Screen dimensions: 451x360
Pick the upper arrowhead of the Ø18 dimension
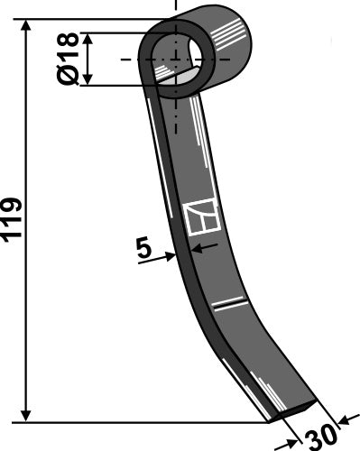(88, 39)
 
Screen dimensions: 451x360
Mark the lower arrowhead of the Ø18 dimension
(88, 80)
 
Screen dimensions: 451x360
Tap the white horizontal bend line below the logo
(230, 299)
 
